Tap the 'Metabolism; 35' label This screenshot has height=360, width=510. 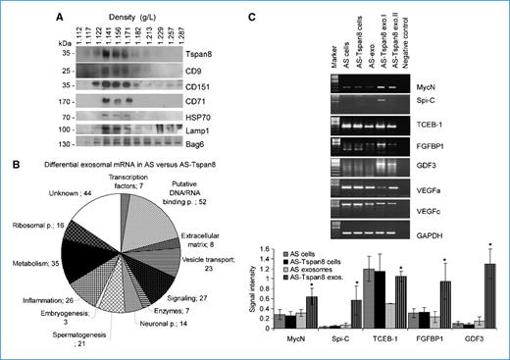(x=27, y=263)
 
